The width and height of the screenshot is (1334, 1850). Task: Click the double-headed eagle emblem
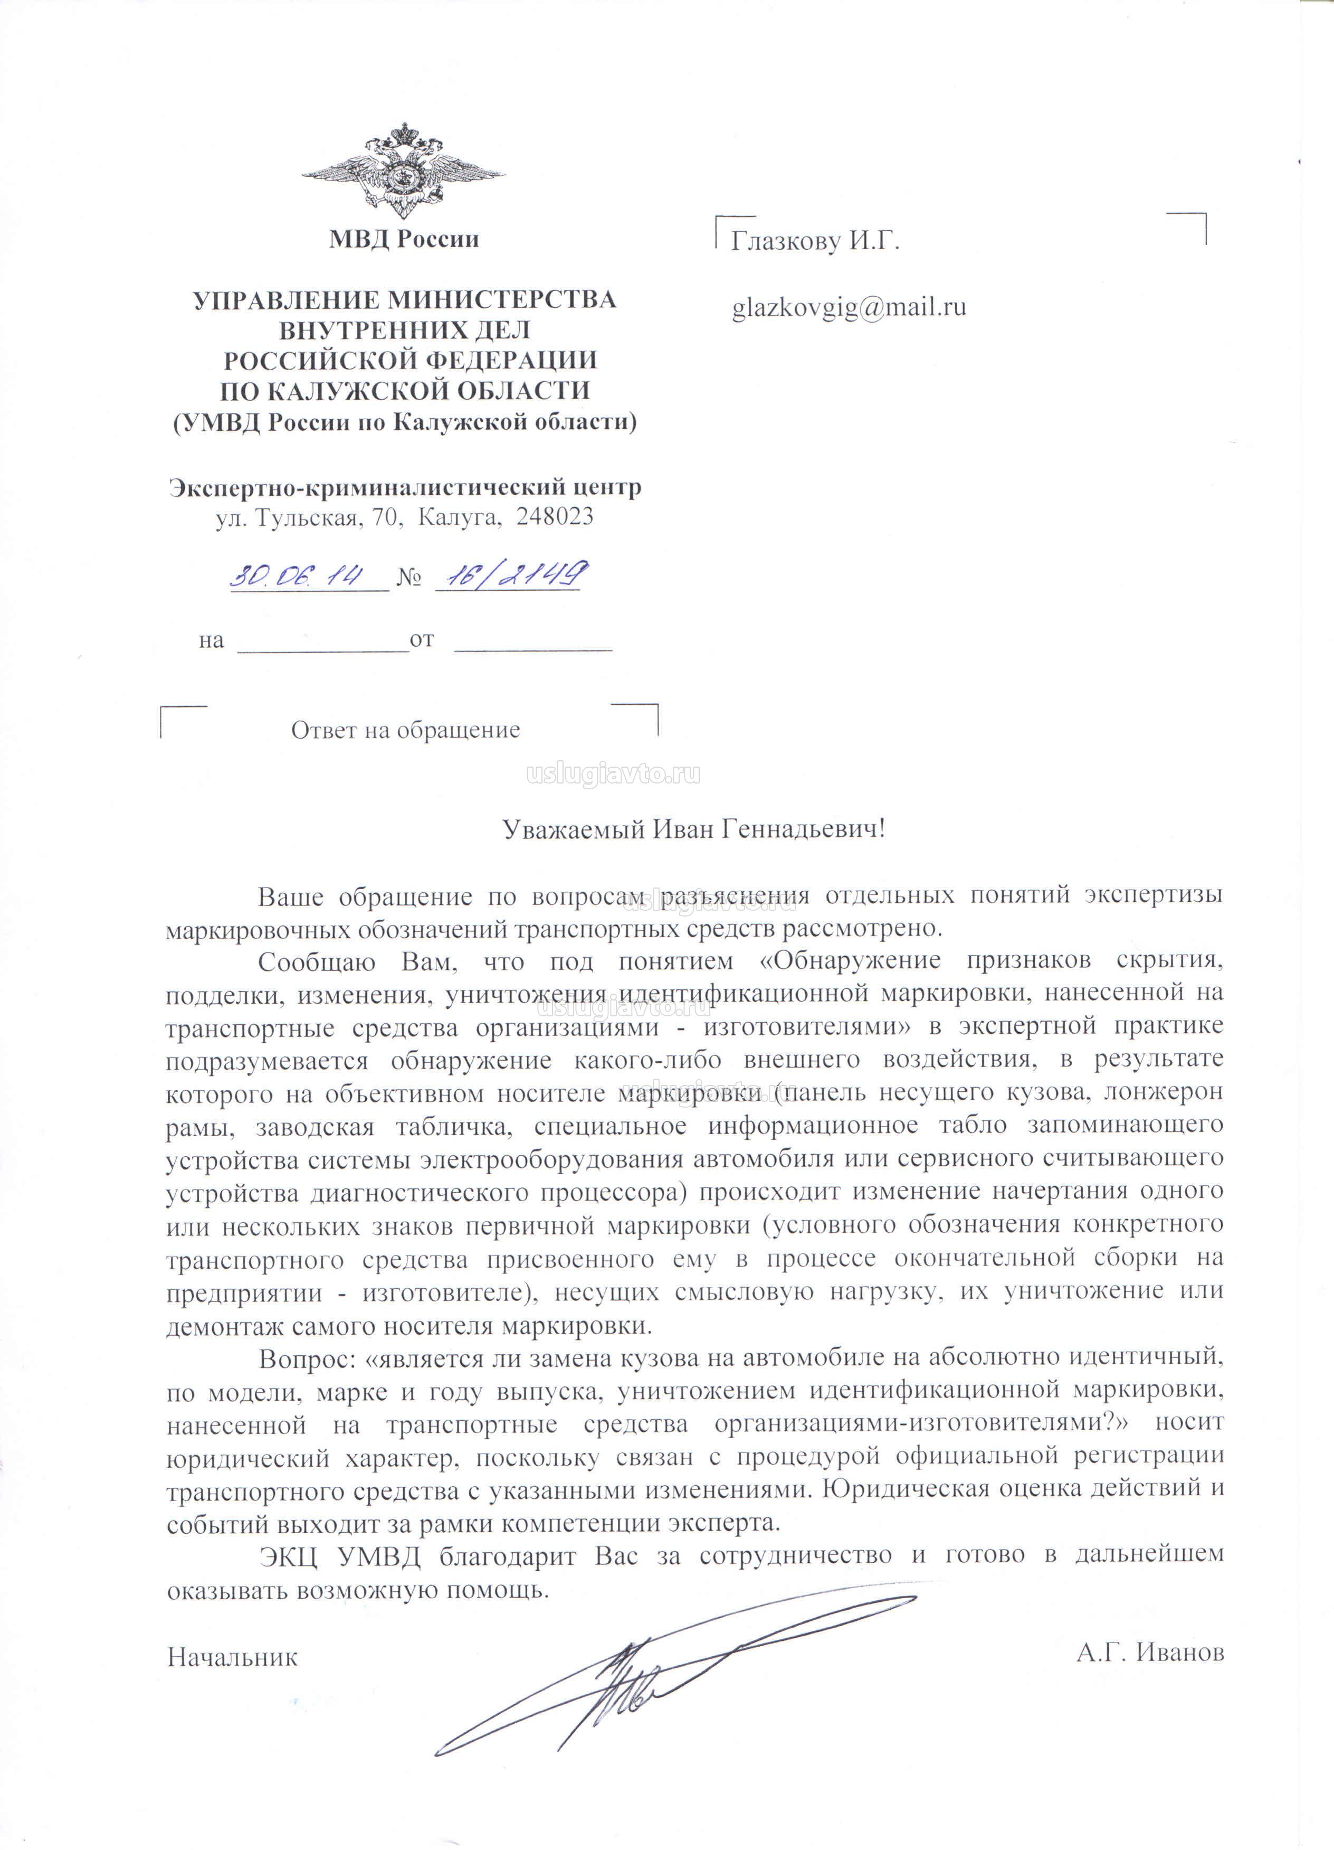click(403, 169)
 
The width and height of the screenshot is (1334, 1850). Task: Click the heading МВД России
click(404, 239)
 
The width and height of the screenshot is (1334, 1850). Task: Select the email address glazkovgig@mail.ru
click(849, 307)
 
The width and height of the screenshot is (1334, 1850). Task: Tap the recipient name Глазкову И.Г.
click(815, 241)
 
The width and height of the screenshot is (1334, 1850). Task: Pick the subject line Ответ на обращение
click(405, 730)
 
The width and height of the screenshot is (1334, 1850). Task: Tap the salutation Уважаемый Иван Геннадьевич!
click(693, 829)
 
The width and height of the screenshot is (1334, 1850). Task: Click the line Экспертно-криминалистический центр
click(404, 487)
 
